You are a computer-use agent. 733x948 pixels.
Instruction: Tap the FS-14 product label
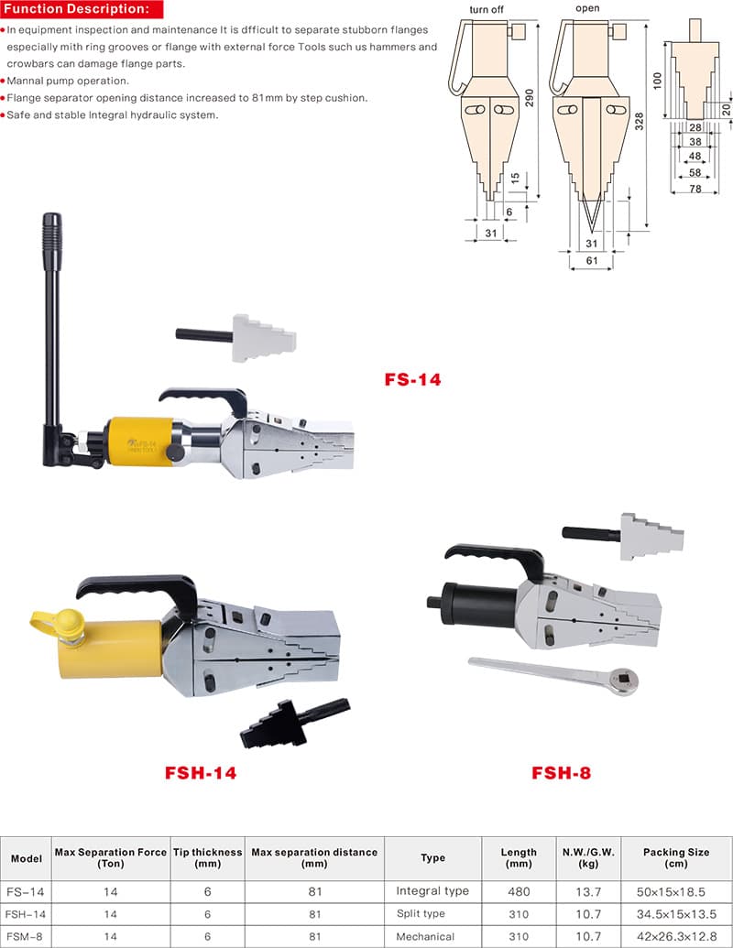click(x=412, y=380)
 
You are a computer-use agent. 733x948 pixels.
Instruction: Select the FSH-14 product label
click(x=201, y=773)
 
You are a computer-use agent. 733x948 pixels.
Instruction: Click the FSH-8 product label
click(x=562, y=773)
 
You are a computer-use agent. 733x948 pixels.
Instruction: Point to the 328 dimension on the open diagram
click(x=640, y=121)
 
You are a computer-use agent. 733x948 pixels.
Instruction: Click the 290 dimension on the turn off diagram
click(x=530, y=98)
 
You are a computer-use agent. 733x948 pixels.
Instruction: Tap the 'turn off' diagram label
click(x=487, y=10)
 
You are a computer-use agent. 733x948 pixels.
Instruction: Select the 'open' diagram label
click(x=587, y=8)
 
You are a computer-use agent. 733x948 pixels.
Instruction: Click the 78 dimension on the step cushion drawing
click(x=695, y=189)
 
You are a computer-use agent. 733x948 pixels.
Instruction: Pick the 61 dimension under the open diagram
click(x=592, y=260)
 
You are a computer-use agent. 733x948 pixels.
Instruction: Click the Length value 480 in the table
click(x=519, y=892)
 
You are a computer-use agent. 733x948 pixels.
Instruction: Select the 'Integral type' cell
click(x=432, y=890)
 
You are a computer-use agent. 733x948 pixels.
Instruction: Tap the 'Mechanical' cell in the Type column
click(x=425, y=936)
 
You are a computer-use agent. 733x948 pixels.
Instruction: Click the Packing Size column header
click(x=676, y=858)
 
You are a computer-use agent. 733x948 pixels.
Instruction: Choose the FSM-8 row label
click(x=24, y=937)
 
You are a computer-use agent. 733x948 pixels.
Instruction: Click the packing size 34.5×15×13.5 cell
click(x=676, y=914)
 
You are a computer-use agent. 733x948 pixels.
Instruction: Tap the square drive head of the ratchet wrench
click(x=623, y=681)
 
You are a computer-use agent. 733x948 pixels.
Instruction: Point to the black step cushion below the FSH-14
click(x=293, y=723)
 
